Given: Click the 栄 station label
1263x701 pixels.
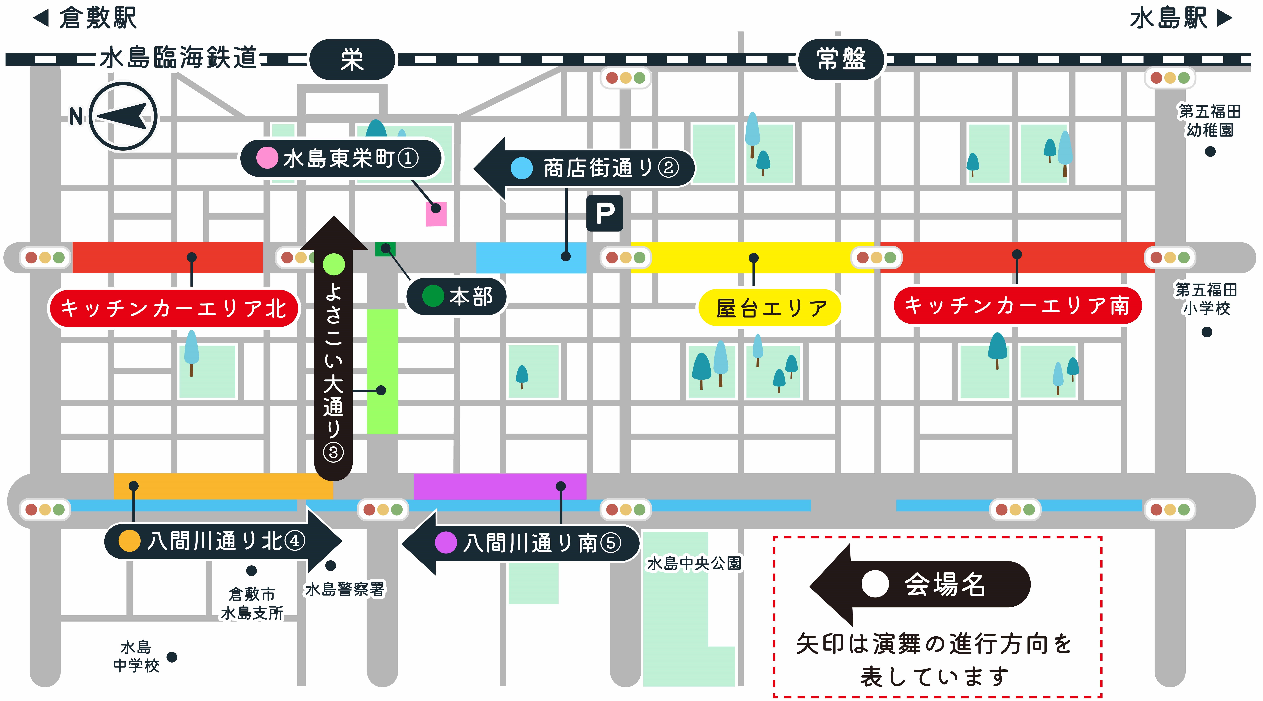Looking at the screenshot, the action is [352, 59].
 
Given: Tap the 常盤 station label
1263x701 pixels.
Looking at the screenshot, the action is [841, 59].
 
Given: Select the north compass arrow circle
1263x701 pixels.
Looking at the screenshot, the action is [123, 116].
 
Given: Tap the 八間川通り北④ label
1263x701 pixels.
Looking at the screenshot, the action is [223, 541].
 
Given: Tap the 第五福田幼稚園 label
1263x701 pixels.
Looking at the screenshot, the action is [1210, 121].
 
